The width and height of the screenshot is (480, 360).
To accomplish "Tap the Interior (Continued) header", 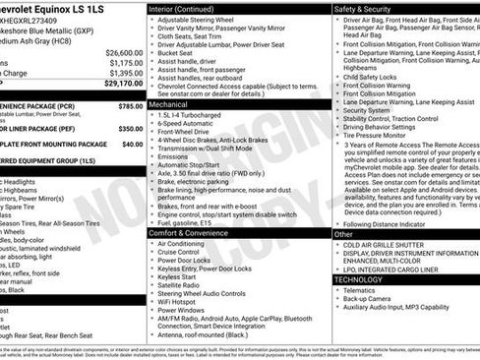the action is [x=188, y=9].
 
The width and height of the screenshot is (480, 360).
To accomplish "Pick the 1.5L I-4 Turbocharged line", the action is [x=201, y=114].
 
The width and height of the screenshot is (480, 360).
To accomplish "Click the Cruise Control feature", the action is [x=185, y=253].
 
